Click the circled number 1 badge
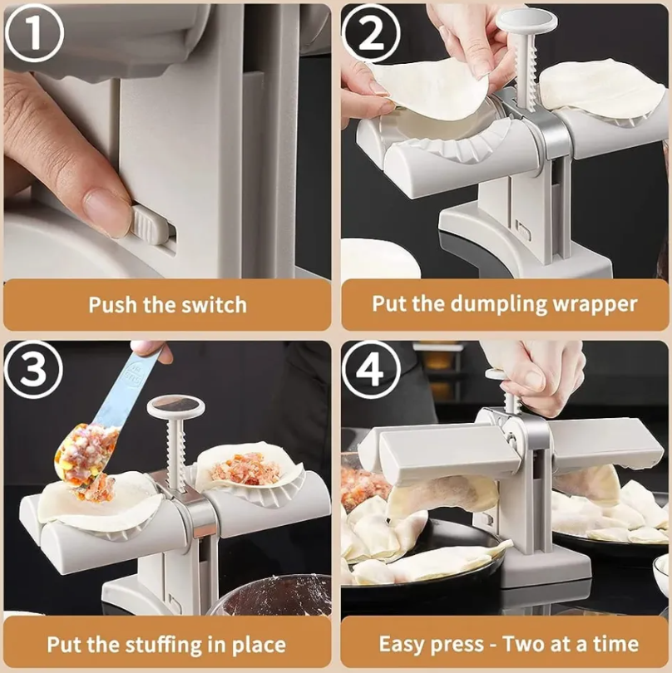tap(34, 32)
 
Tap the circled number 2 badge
tap(371, 34)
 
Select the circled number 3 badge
tap(33, 370)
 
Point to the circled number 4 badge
tap(371, 370)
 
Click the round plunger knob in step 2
tap(526, 21)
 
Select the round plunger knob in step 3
tap(175, 407)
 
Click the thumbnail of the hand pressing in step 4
tap(533, 379)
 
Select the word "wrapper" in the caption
tap(594, 305)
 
